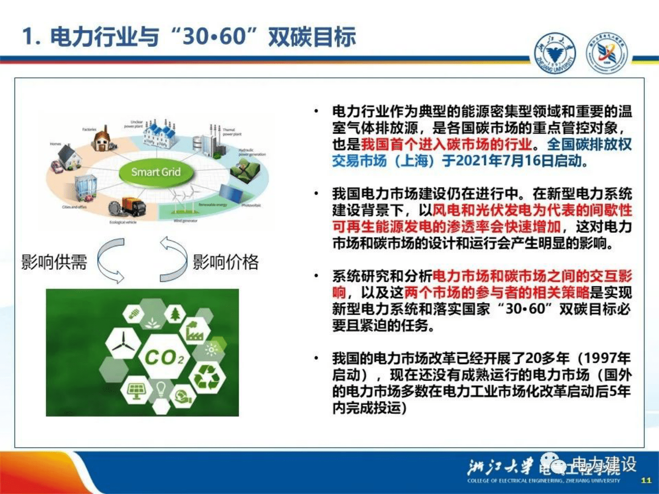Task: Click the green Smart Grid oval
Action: pyautogui.click(x=156, y=172)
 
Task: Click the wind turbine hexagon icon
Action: pyautogui.click(x=123, y=343)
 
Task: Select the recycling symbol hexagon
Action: pyautogui.click(x=207, y=377)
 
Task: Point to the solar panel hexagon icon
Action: pyautogui.click(x=136, y=390)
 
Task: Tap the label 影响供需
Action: pyautogui.click(x=54, y=262)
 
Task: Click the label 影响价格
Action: pyautogui.click(x=225, y=262)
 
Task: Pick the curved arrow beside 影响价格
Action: pyautogui.click(x=174, y=260)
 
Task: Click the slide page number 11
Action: pyautogui.click(x=646, y=480)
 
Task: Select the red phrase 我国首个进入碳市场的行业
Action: pyautogui.click(x=446, y=144)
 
